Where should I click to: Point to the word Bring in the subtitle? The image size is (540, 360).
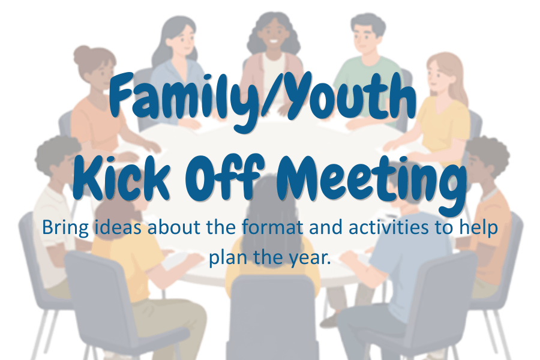[x=65, y=228]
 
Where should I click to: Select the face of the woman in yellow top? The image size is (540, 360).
[x=437, y=76]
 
